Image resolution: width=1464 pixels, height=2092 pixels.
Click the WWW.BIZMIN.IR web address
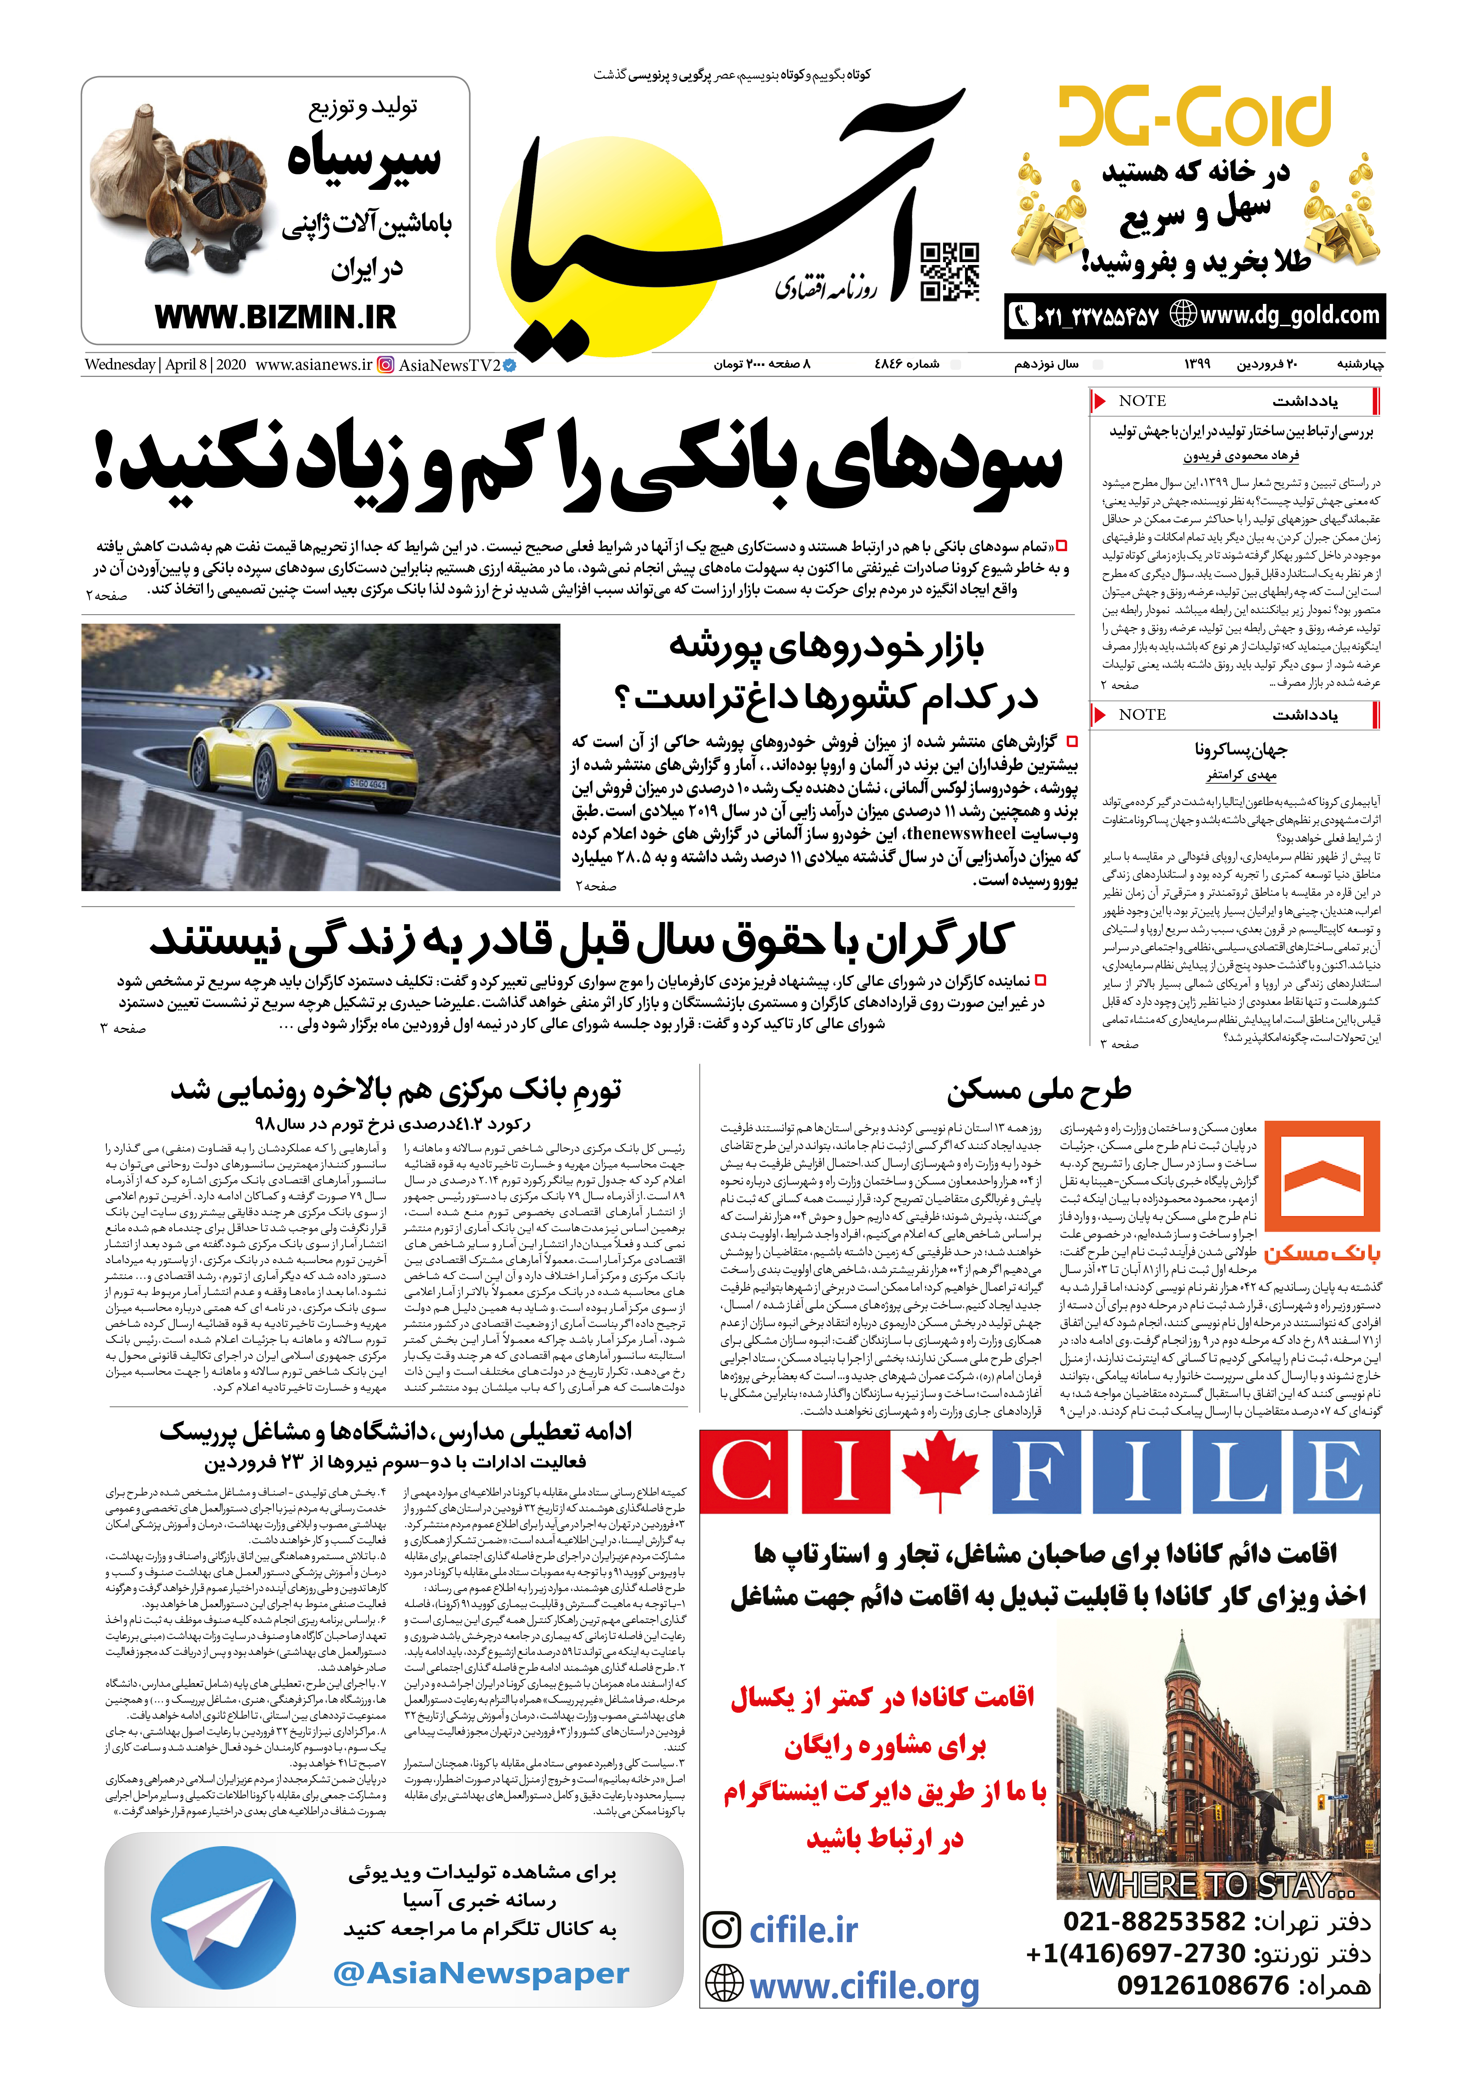pos(275,317)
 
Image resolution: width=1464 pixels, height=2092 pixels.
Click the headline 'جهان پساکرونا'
pos(1241,749)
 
